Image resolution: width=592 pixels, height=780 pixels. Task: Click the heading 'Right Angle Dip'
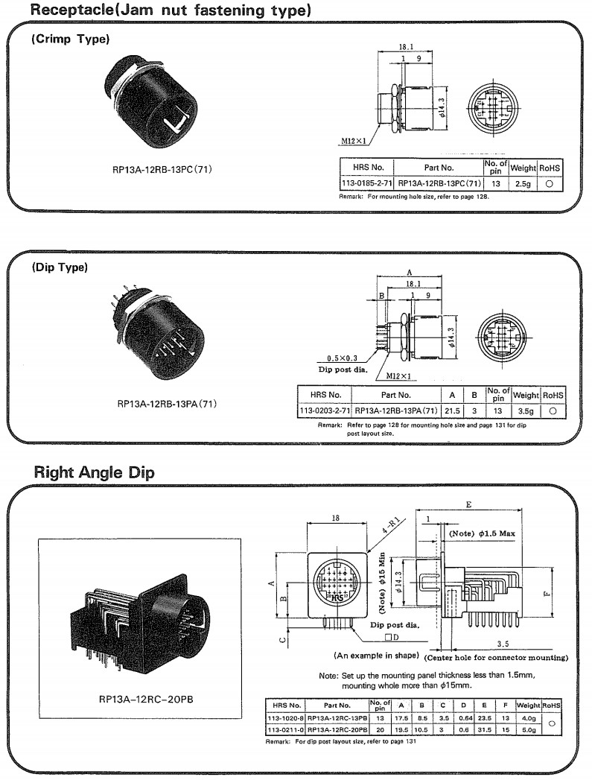95,472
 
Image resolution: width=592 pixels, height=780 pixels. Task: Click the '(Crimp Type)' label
70,39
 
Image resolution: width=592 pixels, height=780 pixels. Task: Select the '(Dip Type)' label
60,267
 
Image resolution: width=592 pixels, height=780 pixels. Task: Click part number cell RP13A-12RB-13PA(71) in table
395,410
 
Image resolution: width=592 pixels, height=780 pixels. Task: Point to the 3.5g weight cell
525,410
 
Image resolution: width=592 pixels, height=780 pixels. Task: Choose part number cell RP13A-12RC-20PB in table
337,729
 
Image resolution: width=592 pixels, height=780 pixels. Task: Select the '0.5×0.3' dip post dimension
343,358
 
